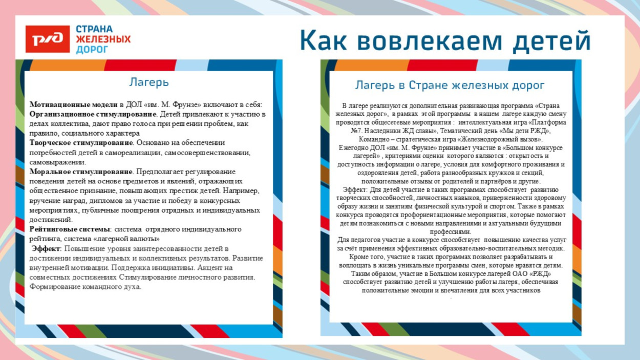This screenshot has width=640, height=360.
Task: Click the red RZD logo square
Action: tap(47, 39)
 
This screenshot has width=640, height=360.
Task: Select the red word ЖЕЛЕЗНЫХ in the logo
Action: tap(103, 39)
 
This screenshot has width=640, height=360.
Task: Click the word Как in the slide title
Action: tap(323, 40)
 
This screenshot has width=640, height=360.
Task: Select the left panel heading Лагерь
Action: tap(148, 82)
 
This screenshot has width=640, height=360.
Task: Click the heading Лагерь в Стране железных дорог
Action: tap(450, 85)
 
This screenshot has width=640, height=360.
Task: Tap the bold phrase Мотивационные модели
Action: tap(74, 104)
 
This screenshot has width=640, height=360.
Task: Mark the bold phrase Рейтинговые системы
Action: tap(69, 229)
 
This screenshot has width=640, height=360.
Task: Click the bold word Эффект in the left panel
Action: tap(46, 248)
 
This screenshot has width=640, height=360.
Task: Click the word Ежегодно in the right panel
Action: tap(353, 147)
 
